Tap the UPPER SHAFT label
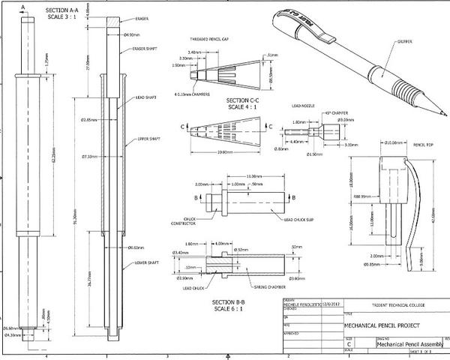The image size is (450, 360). [x=148, y=139]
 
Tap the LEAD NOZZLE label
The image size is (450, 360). [x=303, y=106]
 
